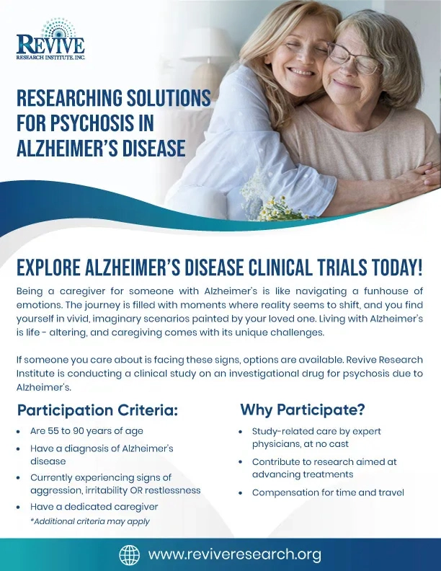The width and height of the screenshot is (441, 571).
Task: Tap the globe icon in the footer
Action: (129, 554)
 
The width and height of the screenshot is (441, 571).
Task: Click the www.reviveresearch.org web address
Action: (234, 554)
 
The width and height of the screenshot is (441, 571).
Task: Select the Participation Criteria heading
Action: (97, 411)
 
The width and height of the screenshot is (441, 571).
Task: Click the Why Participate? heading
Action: (302, 410)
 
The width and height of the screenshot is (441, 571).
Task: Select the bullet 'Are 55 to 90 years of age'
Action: (86, 431)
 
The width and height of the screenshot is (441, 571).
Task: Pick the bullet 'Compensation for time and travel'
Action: (328, 492)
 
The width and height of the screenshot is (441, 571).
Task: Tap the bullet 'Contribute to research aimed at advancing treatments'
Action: (324, 468)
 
